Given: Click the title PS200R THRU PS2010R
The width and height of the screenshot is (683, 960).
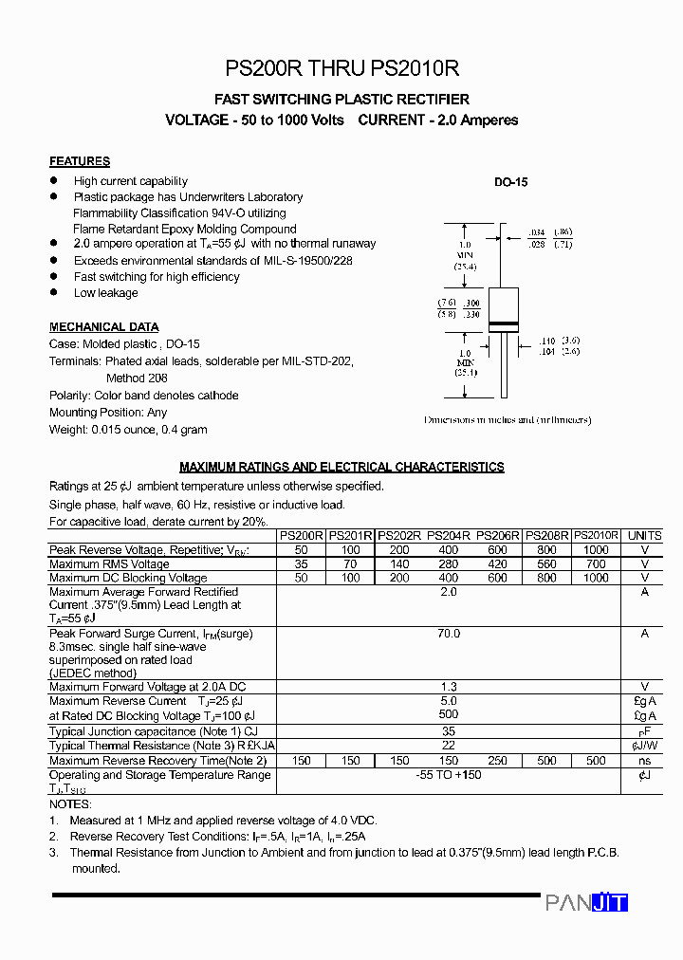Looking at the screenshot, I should tap(341, 68).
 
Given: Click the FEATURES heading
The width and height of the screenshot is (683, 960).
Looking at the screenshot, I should tap(80, 161).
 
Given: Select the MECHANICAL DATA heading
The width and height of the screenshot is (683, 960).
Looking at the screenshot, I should tap(104, 327).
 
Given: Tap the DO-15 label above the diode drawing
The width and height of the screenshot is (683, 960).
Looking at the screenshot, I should tap(510, 182).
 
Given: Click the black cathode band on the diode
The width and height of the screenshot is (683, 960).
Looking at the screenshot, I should tap(503, 326).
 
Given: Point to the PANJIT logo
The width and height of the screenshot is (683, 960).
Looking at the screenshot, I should tap(586, 903).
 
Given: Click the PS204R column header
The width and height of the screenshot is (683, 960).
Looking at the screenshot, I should tap(449, 536).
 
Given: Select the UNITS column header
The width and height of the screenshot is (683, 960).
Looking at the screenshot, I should tap(645, 536).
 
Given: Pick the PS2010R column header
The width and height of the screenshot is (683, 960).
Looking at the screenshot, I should tap(597, 536).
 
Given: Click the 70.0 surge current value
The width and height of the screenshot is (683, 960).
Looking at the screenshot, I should tap(449, 634).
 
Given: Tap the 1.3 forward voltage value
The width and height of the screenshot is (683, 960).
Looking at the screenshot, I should tap(449, 687).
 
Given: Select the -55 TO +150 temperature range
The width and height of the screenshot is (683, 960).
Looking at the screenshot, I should tap(449, 775).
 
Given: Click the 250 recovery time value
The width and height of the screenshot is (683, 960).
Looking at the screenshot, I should tap(498, 761).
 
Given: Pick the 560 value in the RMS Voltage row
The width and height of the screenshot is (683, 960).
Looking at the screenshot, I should tap(546, 564).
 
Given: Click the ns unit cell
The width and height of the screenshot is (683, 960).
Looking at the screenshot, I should tap(645, 761).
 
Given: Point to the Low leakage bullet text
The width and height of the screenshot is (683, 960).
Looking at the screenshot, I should tap(106, 293).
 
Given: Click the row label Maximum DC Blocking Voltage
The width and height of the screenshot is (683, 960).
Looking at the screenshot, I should tap(128, 578).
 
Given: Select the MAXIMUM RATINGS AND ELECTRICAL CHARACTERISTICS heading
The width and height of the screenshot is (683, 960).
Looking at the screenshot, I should tap(341, 467).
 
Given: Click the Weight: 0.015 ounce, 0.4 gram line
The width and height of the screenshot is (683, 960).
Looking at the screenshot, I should tap(128, 430).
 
